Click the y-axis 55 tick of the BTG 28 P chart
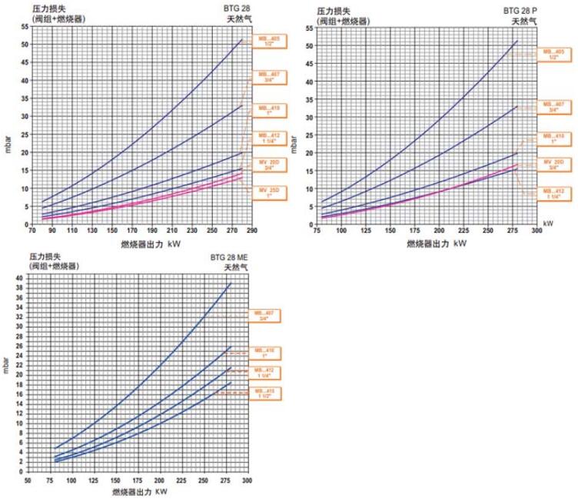(x=307, y=27)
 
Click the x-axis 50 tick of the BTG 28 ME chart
(x=27, y=482)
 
